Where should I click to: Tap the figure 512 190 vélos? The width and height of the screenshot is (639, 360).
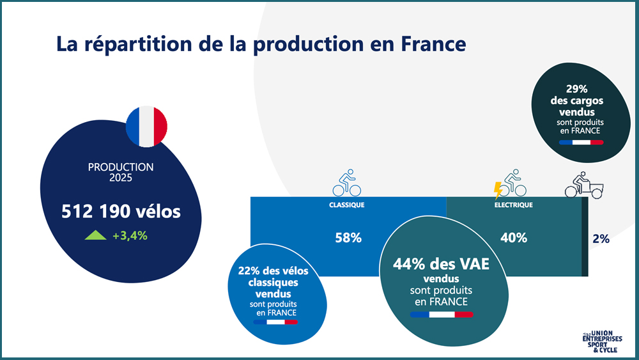[121, 212]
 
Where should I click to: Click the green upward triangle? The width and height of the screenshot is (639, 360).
[96, 235]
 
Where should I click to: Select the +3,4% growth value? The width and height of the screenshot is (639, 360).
[130, 235]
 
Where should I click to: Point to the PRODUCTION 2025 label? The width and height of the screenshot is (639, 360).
[121, 172]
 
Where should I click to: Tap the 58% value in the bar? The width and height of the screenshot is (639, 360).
[348, 238]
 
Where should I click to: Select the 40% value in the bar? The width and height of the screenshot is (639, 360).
[513, 238]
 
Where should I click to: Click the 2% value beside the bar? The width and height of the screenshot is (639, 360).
[601, 239]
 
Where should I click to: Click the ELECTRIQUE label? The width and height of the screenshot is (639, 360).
[513, 205]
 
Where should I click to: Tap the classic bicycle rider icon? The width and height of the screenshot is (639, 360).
[347, 183]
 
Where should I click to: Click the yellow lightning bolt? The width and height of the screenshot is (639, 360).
[498, 190]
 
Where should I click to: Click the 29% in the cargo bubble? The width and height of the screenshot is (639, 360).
[577, 90]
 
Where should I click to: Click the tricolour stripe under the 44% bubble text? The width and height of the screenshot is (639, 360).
[442, 315]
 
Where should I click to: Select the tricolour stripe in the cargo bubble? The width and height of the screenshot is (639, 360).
[581, 142]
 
